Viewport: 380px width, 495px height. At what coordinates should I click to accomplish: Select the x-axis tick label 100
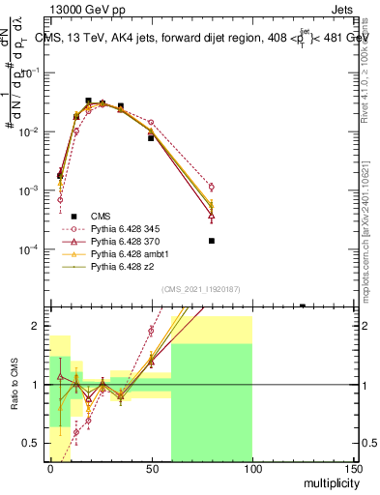(x=252, y=468)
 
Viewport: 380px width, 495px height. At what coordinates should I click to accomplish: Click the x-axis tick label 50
(x=151, y=468)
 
